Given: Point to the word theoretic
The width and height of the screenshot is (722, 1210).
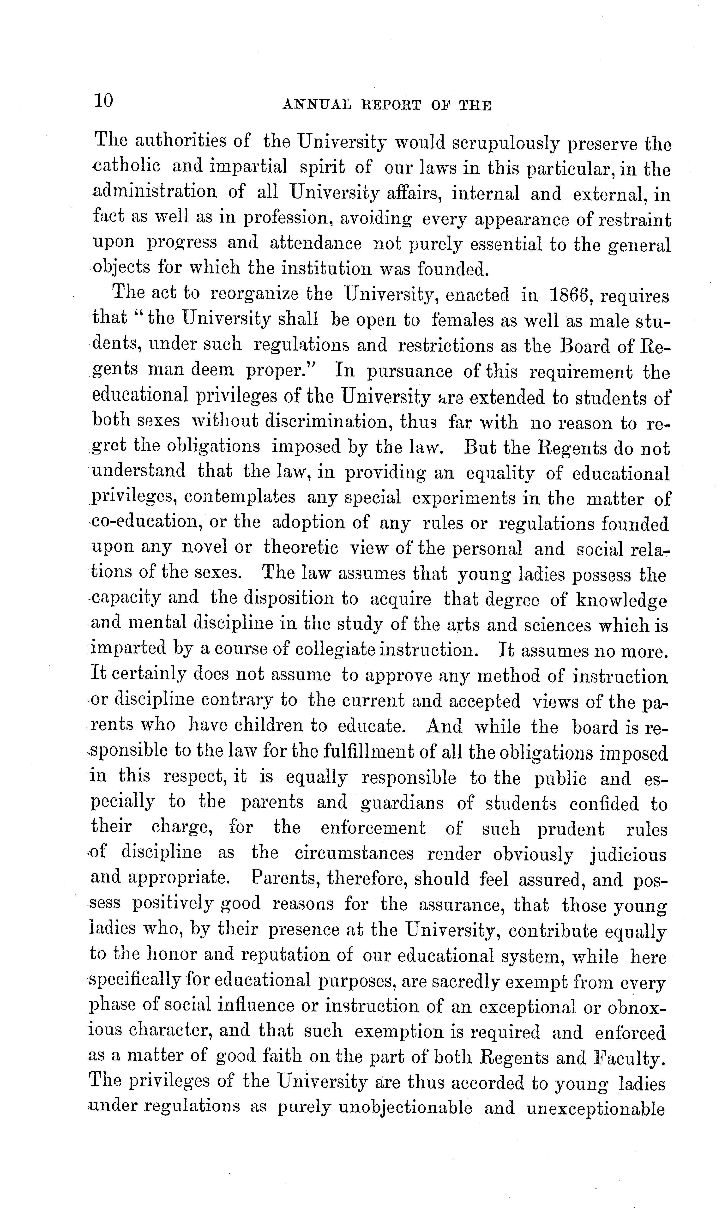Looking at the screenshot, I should [x=301, y=548].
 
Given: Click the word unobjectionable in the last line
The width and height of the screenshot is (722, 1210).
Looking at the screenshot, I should [x=405, y=1107].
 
